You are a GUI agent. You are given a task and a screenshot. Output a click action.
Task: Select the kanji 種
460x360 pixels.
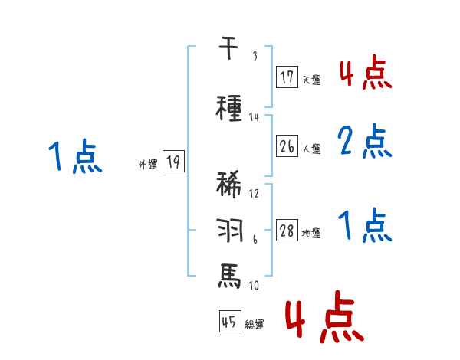click(230, 108)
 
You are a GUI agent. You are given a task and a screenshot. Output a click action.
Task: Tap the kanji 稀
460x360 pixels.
click(230, 186)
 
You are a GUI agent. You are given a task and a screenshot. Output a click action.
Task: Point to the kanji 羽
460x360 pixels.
click(229, 229)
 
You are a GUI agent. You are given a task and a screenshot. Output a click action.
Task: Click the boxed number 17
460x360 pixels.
click(287, 77)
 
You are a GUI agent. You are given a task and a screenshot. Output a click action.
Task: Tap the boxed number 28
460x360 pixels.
click(287, 231)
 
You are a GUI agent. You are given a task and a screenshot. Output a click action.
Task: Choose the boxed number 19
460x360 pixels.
click(173, 161)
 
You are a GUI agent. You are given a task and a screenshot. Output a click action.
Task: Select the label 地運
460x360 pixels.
click(311, 234)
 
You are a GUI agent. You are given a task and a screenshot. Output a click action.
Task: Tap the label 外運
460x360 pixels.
click(147, 164)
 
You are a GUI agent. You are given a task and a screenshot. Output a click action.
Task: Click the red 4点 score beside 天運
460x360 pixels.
click(365, 73)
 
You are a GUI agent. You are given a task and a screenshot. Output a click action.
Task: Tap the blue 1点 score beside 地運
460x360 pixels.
click(365, 226)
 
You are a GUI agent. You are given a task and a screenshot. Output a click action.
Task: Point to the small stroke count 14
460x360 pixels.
click(255, 116)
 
